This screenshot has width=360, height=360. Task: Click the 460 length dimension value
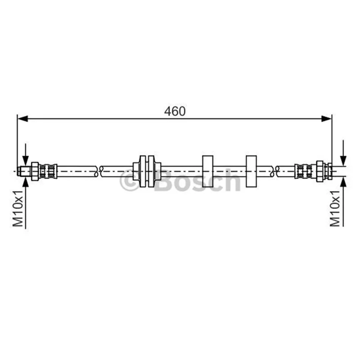pyautogui.click(x=175, y=111)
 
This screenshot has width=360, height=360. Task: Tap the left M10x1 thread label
pyautogui.click(x=18, y=208)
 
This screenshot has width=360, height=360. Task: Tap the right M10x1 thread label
pyautogui.click(x=335, y=208)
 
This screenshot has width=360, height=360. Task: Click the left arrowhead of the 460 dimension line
pyautogui.click(x=22, y=119)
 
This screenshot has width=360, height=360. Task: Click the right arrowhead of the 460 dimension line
pyautogui.click(x=327, y=119)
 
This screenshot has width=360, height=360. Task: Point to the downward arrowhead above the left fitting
pyautogui.click(x=26, y=160)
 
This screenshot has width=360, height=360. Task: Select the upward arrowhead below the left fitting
pyautogui.click(x=26, y=182)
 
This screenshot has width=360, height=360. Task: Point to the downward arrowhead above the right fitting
pyautogui.click(x=343, y=160)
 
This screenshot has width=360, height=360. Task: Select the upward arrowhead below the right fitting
pyautogui.click(x=343, y=182)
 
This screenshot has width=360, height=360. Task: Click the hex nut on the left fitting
pyautogui.click(x=35, y=171)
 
